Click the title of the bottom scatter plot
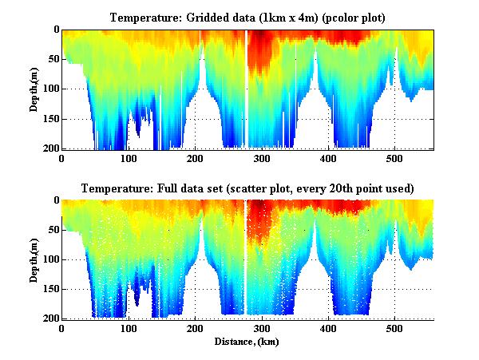247,188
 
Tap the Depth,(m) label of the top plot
35,89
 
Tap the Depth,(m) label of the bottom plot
35,259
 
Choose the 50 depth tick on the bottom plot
51,230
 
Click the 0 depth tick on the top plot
54,30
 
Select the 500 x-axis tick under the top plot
394,158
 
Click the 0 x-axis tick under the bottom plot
62,328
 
